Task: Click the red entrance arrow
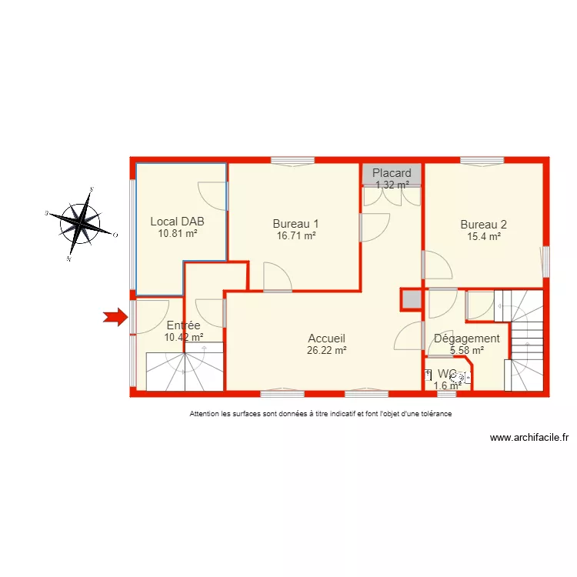(115, 316)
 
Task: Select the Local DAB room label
(178, 222)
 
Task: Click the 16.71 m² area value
(296, 236)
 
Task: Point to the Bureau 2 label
(484, 225)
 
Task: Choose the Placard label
(392, 173)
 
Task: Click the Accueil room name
(326, 338)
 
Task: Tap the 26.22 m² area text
(326, 350)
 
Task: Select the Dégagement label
(467, 338)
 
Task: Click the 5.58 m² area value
(466, 351)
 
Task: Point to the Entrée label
(183, 325)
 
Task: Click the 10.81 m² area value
(178, 234)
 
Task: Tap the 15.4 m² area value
(484, 237)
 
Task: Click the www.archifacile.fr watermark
(529, 438)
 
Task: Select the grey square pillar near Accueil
(411, 299)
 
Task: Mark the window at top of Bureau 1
(292, 160)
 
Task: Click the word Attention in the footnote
(204, 414)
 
